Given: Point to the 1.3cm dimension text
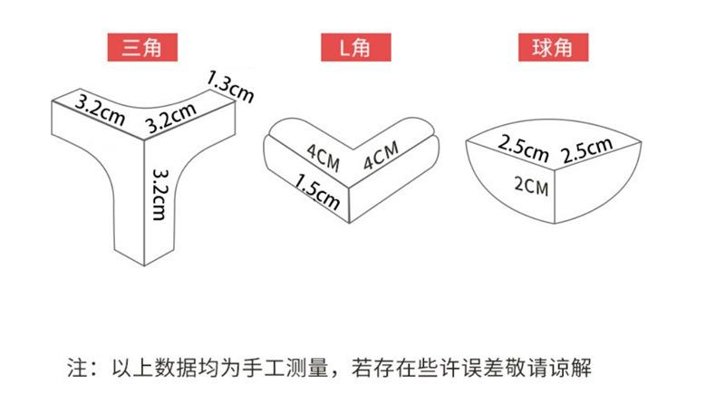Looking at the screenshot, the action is (230, 85).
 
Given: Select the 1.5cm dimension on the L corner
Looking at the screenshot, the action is (317, 191).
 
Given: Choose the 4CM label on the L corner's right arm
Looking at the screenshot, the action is (381, 159).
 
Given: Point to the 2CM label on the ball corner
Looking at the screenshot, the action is (531, 187).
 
